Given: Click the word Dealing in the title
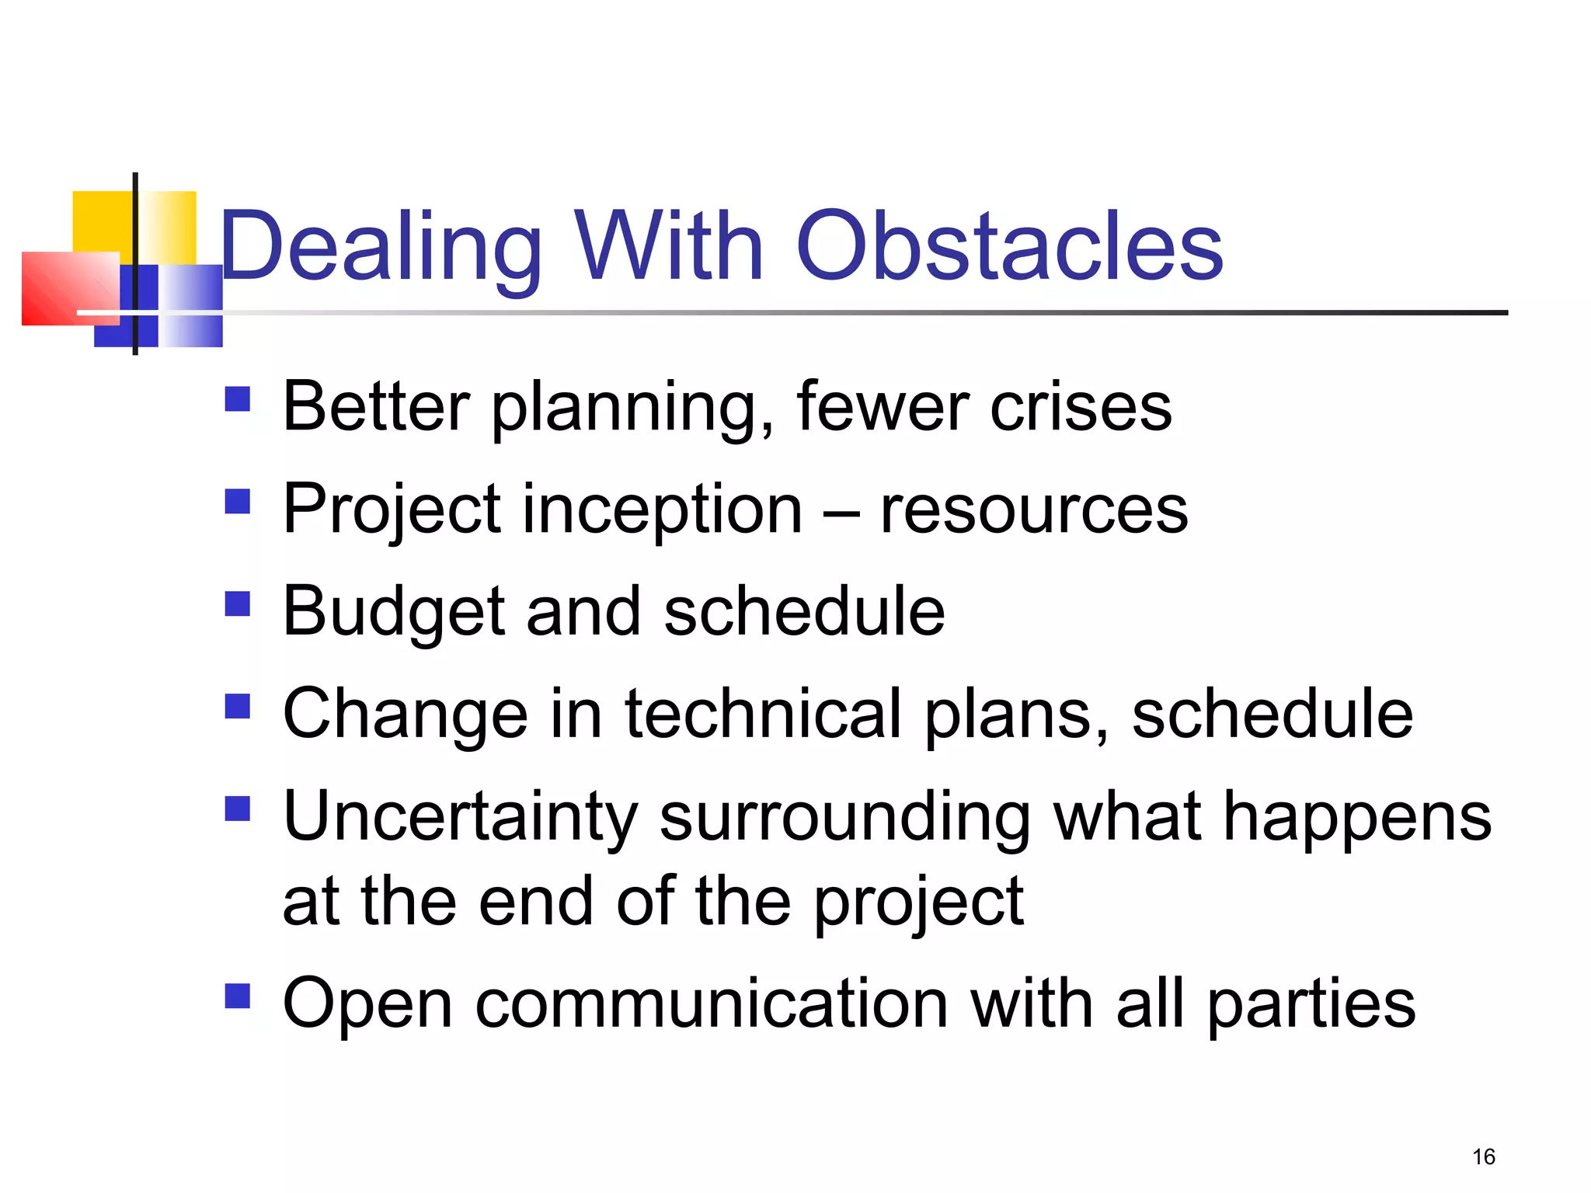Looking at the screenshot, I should [x=381, y=247].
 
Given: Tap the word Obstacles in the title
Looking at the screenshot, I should [x=1009, y=247].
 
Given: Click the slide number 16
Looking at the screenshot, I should [x=1483, y=1156].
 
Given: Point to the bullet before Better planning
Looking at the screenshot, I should [x=238, y=399].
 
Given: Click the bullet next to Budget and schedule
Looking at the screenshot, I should [x=238, y=603].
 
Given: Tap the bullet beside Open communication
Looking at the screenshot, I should [x=238, y=996].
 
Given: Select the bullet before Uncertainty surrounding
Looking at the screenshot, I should [x=238, y=809].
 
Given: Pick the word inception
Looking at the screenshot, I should [x=663, y=510].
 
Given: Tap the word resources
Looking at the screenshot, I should [x=1033, y=510].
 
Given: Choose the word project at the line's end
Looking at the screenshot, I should [x=919, y=903].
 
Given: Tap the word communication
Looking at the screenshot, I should [x=712, y=1004].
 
